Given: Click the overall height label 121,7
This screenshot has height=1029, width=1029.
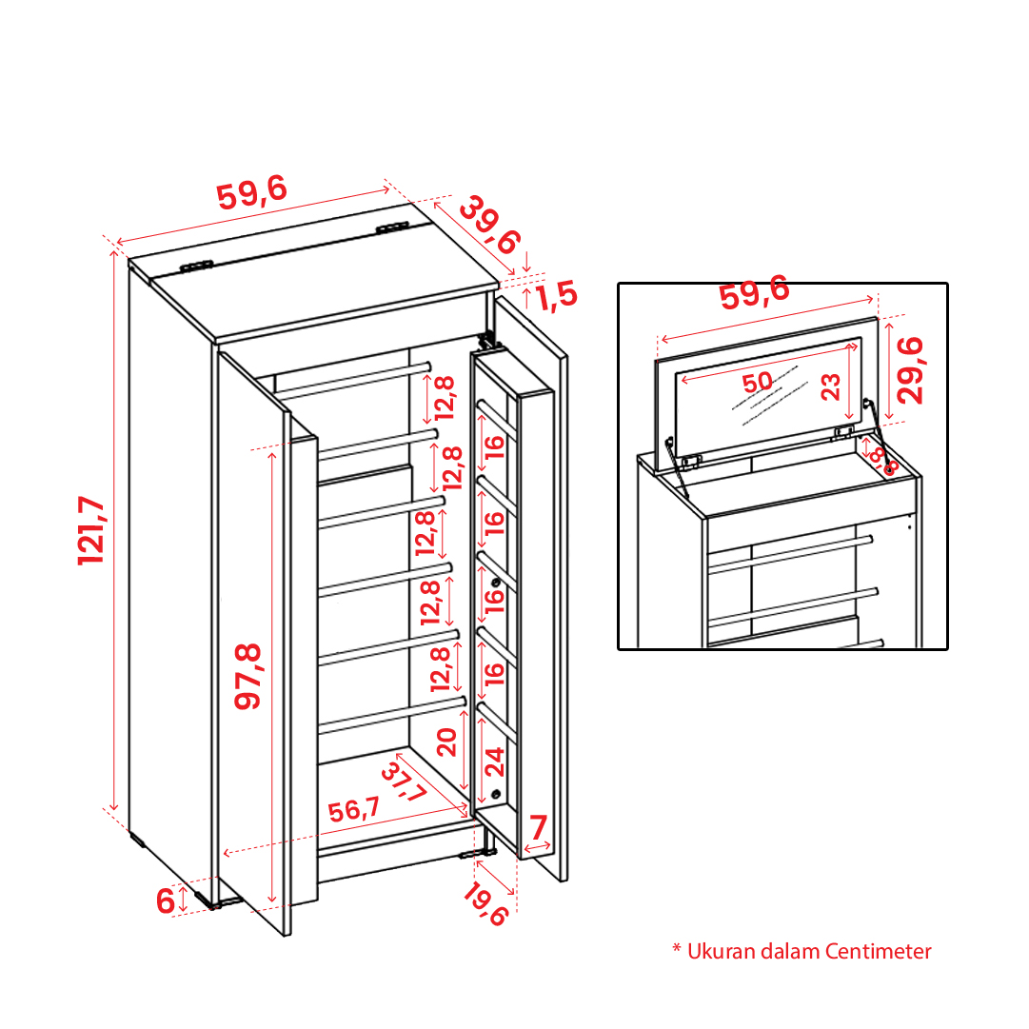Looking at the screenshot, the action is pos(90,530).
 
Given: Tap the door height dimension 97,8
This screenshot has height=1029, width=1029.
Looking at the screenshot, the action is pos(248,676).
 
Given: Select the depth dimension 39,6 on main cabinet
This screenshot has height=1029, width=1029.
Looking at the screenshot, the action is pos(489,225).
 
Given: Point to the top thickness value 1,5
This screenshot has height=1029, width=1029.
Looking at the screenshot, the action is pos(557,295).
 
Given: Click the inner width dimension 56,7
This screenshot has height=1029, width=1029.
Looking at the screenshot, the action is pos(354,808).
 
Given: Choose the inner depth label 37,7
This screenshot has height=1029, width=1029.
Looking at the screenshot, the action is pos(404,782).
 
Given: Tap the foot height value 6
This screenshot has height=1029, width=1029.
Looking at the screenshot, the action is pos(166,900).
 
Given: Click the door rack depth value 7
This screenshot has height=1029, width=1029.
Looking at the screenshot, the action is pos(538,827).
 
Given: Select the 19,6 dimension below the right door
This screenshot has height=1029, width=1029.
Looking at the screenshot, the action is pos(485,904).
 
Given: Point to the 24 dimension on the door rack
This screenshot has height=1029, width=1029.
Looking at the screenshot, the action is pos(494,762).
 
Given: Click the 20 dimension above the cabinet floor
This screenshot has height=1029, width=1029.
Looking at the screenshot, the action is pos(446,742).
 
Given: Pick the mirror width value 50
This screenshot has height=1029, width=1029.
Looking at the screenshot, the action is pos(758,382).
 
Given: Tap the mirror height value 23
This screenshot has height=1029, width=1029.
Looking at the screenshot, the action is pos(830,386).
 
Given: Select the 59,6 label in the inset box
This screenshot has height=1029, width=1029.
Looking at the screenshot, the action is pos(754,292).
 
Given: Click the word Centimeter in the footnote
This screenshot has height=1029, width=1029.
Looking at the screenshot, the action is pos(878,951).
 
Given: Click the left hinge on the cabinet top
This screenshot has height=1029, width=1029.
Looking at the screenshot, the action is pos(196,266).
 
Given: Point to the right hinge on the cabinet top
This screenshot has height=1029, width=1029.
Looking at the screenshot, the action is pos(392,228).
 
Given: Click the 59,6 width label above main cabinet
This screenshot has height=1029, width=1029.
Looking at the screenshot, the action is pos(252,193).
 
